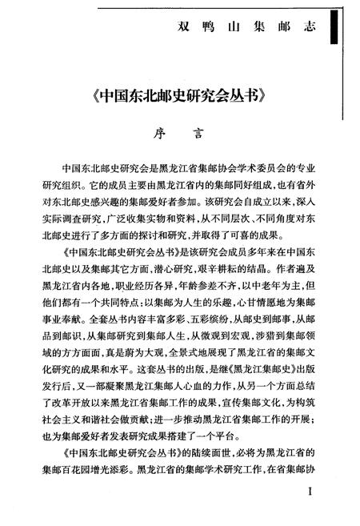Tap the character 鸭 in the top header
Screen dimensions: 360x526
[x=215, y=31]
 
